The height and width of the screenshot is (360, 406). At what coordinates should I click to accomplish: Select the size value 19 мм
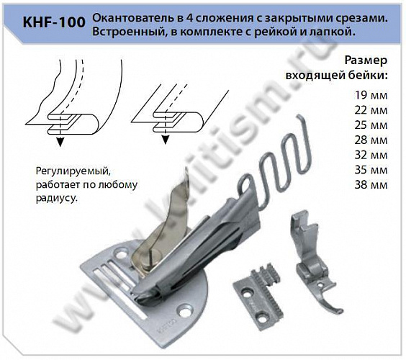tap(372, 94)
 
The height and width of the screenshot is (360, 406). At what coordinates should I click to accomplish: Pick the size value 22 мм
tap(372, 109)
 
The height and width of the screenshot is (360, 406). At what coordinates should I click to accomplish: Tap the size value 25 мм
tap(372, 125)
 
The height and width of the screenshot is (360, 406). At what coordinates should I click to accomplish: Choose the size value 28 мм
tap(372, 140)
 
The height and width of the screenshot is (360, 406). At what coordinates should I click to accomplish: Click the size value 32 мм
tap(372, 155)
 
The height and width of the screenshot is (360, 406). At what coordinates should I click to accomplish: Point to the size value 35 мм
tap(372, 170)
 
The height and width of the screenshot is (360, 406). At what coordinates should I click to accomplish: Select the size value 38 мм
tap(372, 185)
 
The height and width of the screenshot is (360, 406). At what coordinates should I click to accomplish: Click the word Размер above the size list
tap(366, 60)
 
